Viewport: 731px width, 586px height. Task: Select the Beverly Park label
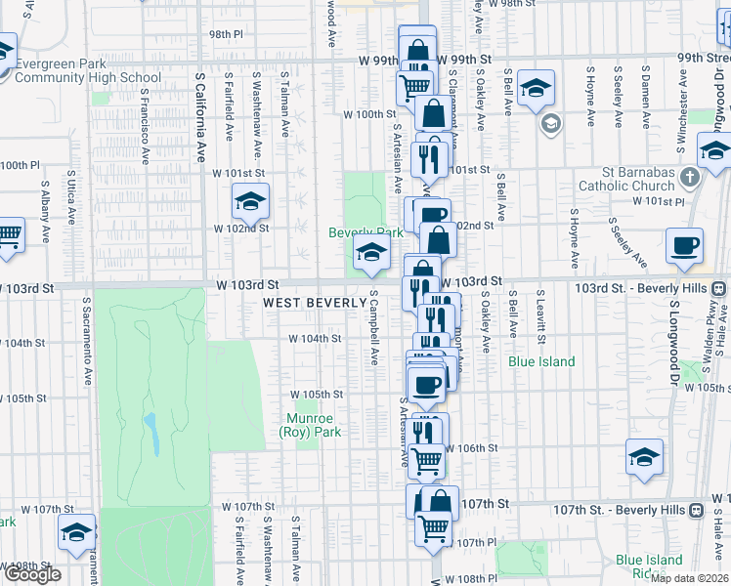coord(365,233)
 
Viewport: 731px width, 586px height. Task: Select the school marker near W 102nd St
coord(250,202)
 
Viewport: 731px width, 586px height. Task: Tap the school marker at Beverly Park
coord(371,253)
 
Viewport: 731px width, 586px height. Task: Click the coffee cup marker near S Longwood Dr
coord(684,245)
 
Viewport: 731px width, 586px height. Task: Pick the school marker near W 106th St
coord(644,457)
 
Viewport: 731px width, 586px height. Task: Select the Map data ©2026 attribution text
coord(688,578)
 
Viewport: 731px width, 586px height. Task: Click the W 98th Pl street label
coord(225,34)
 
